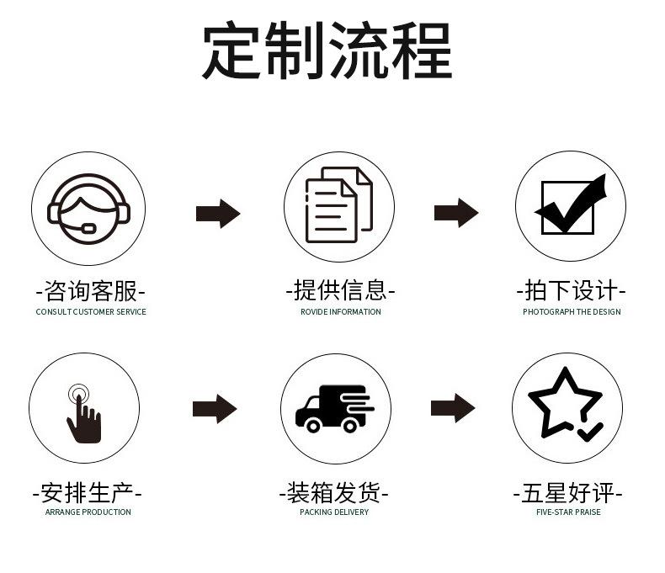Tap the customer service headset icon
[88, 207]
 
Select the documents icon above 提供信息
[338, 206]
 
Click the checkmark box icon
[571, 206]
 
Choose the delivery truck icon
[334, 408]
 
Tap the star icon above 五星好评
[567, 405]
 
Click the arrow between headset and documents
[218, 213]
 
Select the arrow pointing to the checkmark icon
[456, 213]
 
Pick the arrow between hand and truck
[215, 409]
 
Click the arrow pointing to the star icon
[453, 408]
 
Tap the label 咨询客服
[91, 292]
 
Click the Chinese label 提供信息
[340, 291]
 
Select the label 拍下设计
[572, 291]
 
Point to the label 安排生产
[88, 492]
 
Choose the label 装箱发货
[334, 492]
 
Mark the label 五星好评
[568, 492]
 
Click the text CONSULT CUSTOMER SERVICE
[91, 312]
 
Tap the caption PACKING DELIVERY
[334, 512]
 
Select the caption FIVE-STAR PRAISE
[568, 512]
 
